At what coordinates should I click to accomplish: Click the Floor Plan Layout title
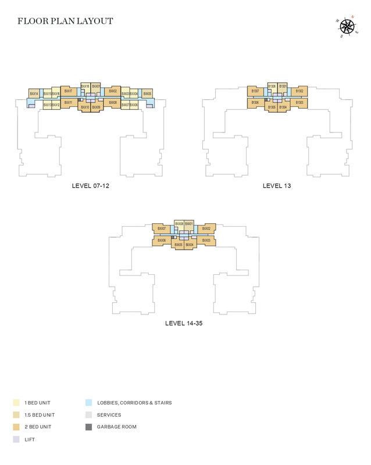(65, 22)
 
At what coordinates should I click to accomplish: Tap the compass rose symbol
(347, 26)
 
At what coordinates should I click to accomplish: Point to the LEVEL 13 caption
(277, 186)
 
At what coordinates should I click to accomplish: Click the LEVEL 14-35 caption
(184, 323)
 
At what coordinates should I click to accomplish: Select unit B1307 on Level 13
(255, 91)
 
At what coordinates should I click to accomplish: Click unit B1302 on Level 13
(299, 91)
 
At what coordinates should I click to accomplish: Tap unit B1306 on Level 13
(255, 103)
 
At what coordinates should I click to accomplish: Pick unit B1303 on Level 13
(299, 103)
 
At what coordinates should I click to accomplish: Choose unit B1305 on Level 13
(272, 107)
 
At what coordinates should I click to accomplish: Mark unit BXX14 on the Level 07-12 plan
(34, 94)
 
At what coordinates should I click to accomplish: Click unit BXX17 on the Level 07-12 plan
(68, 91)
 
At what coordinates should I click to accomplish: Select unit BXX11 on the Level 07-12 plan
(68, 103)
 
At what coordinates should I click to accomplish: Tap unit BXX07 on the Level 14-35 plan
(162, 228)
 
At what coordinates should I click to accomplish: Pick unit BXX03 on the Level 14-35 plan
(206, 240)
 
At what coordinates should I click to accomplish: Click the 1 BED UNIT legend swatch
(16, 403)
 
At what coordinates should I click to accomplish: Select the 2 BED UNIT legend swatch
(16, 427)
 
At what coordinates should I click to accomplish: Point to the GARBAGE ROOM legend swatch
(88, 427)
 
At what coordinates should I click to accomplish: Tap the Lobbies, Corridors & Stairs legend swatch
(88, 403)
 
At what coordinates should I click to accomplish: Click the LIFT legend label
(30, 440)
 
